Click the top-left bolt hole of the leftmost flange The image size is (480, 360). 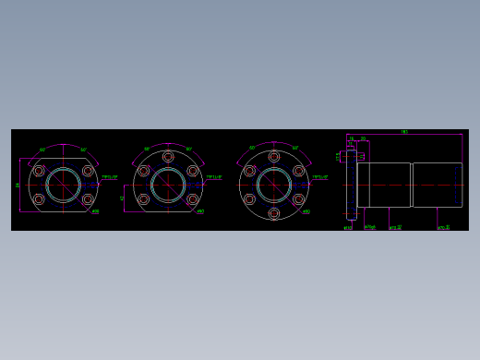tap(39, 171)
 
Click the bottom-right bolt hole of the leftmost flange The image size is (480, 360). tap(88, 198)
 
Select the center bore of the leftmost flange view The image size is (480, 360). tap(63, 185)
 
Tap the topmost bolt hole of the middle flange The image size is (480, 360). tap(168, 157)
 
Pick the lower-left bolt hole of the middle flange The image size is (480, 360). tap(144, 198)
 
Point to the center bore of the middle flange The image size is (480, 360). tap(168, 185)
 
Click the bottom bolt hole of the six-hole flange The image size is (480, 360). tap(274, 213)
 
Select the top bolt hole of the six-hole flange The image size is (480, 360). tap(274, 157)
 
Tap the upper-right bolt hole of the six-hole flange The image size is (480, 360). tap(298, 171)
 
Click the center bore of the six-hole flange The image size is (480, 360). tap(274, 185)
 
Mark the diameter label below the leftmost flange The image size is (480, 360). tap(95, 211)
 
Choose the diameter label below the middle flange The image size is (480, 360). tap(200, 211)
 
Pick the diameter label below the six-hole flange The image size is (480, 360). tap(306, 211)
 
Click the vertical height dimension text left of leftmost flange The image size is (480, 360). tap(18, 185)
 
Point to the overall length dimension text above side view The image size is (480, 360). tap(404, 132)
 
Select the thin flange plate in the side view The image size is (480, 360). tap(351, 185)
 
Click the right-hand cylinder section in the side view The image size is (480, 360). tap(437, 185)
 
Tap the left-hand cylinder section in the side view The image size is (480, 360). tap(389, 185)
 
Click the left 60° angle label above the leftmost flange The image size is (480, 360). tap(42, 150)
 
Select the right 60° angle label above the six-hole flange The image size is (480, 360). tap(295, 148)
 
